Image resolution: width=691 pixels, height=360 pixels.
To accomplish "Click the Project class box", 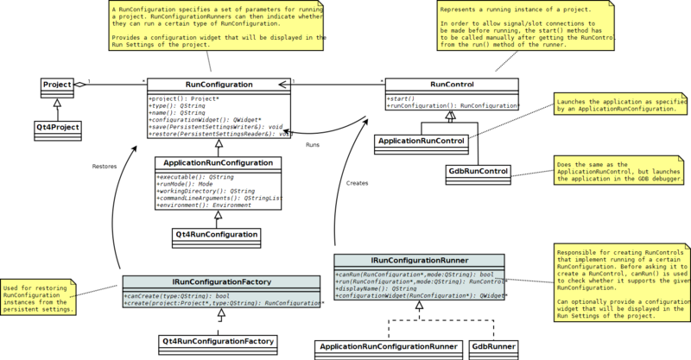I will (57, 85).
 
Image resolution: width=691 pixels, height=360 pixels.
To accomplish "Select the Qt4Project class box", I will (58, 127).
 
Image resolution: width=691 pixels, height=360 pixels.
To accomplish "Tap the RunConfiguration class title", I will (219, 85).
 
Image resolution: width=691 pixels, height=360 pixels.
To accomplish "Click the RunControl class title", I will (452, 85).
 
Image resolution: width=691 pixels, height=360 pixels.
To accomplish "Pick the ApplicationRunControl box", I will (422, 140).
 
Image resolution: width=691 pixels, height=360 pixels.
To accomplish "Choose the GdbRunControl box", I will (478, 171).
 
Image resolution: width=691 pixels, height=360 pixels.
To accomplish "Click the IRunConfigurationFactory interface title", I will (222, 281).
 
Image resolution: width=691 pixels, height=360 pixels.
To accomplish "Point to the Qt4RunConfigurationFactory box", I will (219, 342).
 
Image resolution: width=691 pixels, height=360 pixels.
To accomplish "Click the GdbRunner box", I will (493, 347).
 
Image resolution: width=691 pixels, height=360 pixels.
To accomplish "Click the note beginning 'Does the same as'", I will (620, 170).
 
